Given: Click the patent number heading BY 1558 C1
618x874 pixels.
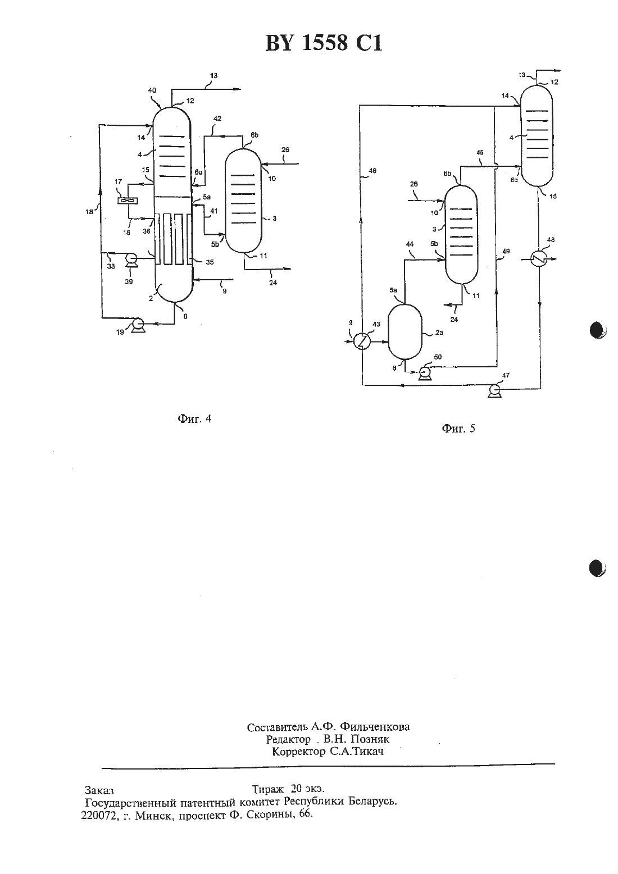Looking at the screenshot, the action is pyautogui.click(x=324, y=43).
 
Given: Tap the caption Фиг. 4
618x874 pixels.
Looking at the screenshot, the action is pyautogui.click(x=194, y=418).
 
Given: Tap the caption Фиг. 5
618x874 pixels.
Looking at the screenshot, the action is pyautogui.click(x=458, y=429).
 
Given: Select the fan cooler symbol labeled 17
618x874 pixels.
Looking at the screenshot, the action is pyautogui.click(x=128, y=201).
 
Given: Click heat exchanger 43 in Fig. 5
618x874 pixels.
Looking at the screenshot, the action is pyautogui.click(x=362, y=342).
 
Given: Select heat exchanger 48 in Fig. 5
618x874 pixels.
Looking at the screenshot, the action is pyautogui.click(x=539, y=258).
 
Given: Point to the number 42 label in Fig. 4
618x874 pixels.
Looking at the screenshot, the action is pyautogui.click(x=217, y=119).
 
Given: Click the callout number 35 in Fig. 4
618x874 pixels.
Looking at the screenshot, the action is pyautogui.click(x=210, y=262).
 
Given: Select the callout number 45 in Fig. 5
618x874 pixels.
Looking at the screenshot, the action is pyautogui.click(x=480, y=153).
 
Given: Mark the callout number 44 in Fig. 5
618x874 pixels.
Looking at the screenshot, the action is pyautogui.click(x=410, y=244).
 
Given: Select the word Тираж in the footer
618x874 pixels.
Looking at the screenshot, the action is pyautogui.click(x=267, y=789).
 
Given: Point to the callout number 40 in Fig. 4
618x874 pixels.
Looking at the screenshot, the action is pyautogui.click(x=152, y=90).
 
